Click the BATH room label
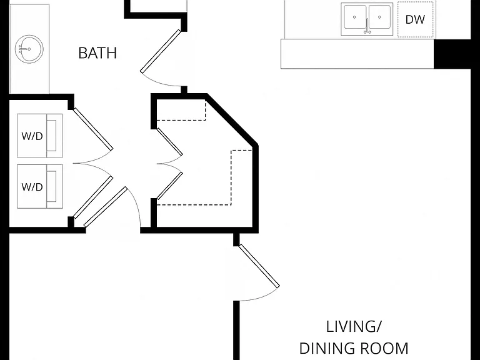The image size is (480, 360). coord(97,53)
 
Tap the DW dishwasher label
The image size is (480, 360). coord(415,19)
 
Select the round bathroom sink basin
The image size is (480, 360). coord(29,49)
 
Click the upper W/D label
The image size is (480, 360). coord(32,136)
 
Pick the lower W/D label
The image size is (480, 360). coord(32,187)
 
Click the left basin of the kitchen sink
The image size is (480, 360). coord(355,17)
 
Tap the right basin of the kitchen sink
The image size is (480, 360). coord(379,17)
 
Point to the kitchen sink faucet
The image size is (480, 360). coord(367,26)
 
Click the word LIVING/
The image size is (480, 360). coord(354,327)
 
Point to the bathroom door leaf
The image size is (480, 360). coord(161,51)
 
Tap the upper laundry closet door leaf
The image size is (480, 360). coord(93,129)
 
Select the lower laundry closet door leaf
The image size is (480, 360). coord(93,197)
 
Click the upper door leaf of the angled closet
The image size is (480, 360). coord(169,142)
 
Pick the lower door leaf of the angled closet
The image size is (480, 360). coord(169,186)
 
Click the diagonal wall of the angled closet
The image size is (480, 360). coord(232,120)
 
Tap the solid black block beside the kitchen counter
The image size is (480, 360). coord(452,54)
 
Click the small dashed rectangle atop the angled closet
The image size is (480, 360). coord(181,110)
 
